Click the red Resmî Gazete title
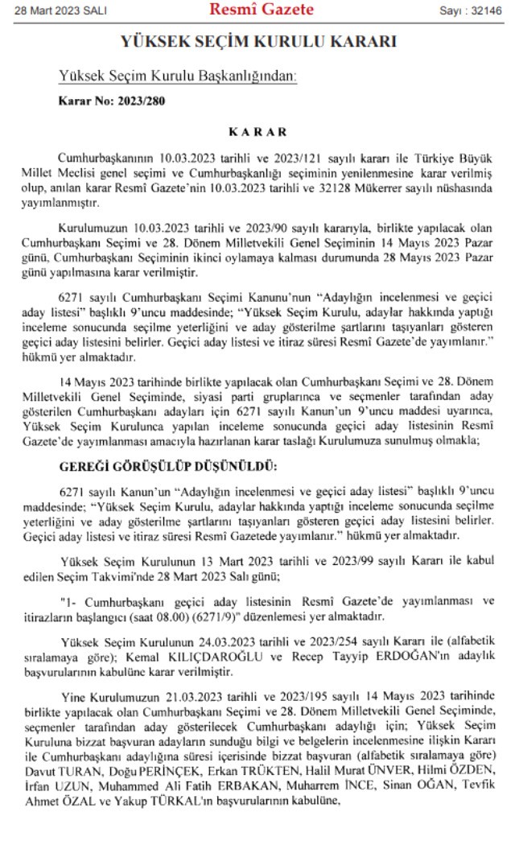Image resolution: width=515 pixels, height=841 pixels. tap(262, 10)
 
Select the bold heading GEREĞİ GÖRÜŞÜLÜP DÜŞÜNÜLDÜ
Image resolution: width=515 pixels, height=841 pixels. tap(169, 466)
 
